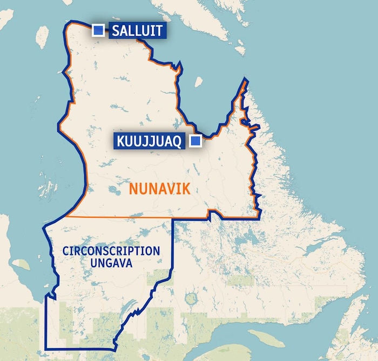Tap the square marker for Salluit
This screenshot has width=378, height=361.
[98, 30]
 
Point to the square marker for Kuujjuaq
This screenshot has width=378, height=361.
[195, 141]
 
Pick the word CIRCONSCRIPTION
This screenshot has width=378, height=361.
[111, 251]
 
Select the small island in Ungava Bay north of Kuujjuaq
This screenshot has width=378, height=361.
[198, 82]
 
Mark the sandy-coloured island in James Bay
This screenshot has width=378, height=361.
[21, 263]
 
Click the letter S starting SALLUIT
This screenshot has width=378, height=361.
[115, 31]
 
